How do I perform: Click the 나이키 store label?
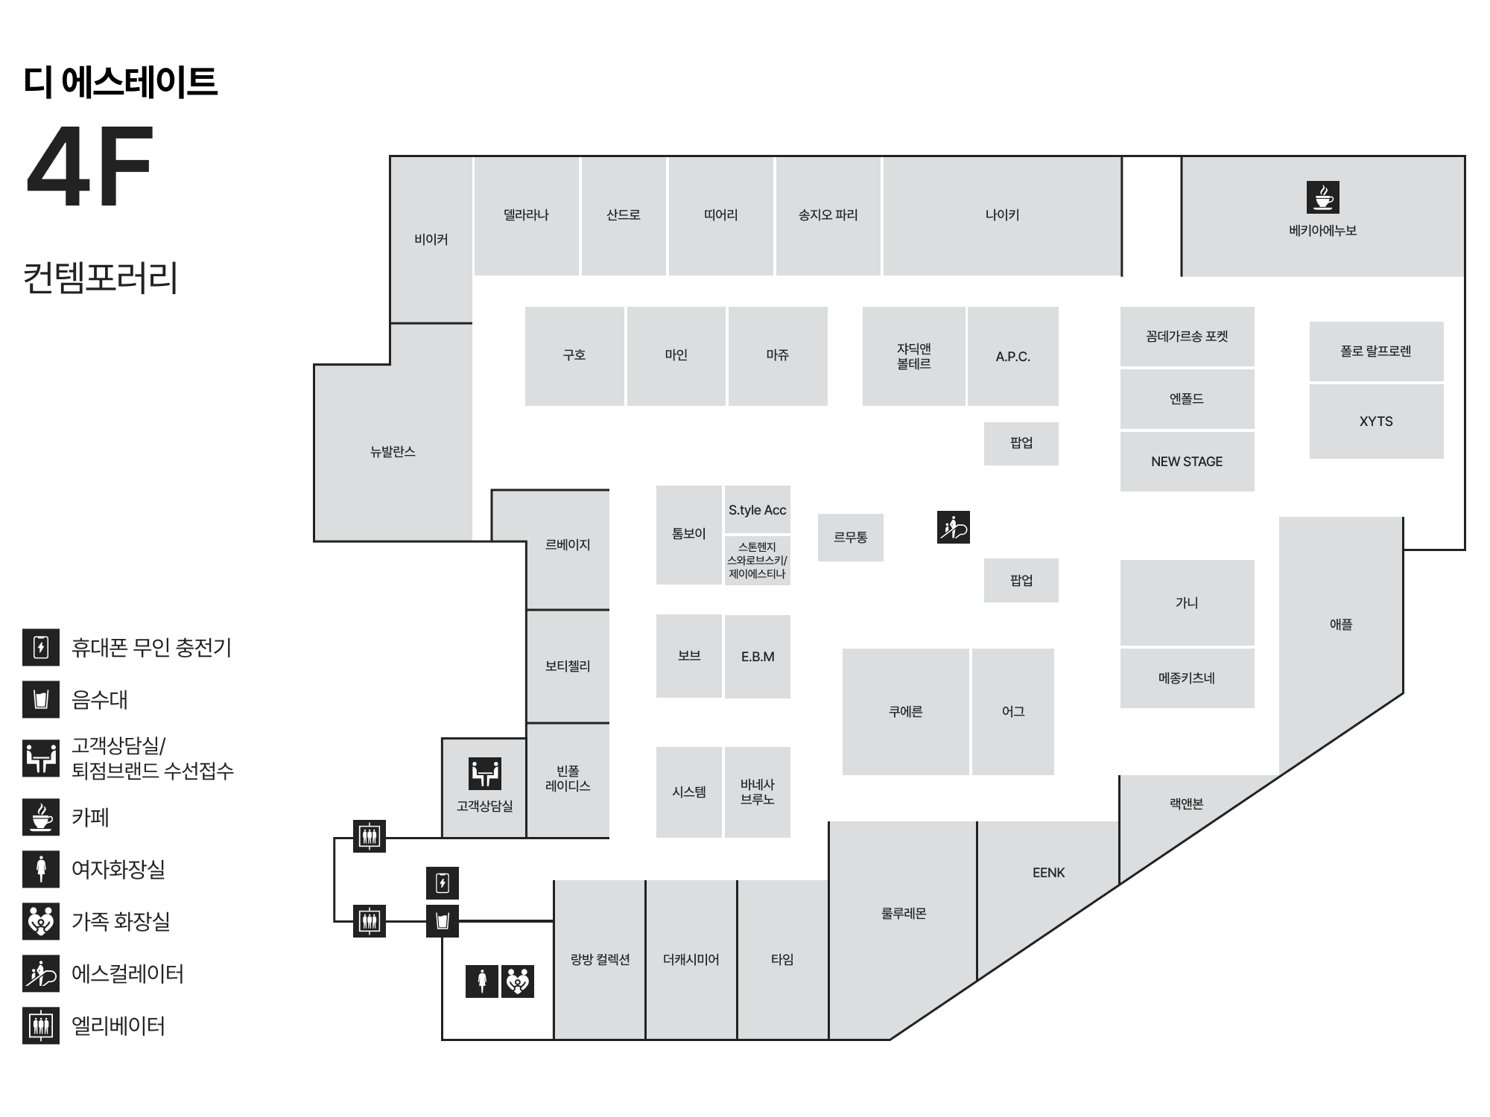(1002, 215)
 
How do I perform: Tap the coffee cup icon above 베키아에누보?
(1322, 197)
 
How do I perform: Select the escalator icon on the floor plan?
(954, 528)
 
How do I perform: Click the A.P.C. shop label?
(1013, 357)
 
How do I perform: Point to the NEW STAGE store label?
(1187, 462)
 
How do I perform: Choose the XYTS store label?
(1376, 421)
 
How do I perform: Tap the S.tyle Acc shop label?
(757, 510)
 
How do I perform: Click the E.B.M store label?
(758, 657)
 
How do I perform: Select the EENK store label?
(1049, 873)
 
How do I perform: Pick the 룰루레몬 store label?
(904, 914)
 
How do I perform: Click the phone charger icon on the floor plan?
(443, 884)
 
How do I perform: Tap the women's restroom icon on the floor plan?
(482, 981)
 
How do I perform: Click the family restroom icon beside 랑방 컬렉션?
(518, 981)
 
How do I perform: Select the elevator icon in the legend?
(41, 1026)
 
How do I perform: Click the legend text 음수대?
(100, 700)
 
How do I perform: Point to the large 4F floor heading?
(90, 167)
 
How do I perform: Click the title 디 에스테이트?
(120, 82)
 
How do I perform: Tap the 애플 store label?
(1341, 625)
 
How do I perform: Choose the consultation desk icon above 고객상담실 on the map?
(485, 774)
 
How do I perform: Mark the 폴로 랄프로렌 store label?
(1376, 351)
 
